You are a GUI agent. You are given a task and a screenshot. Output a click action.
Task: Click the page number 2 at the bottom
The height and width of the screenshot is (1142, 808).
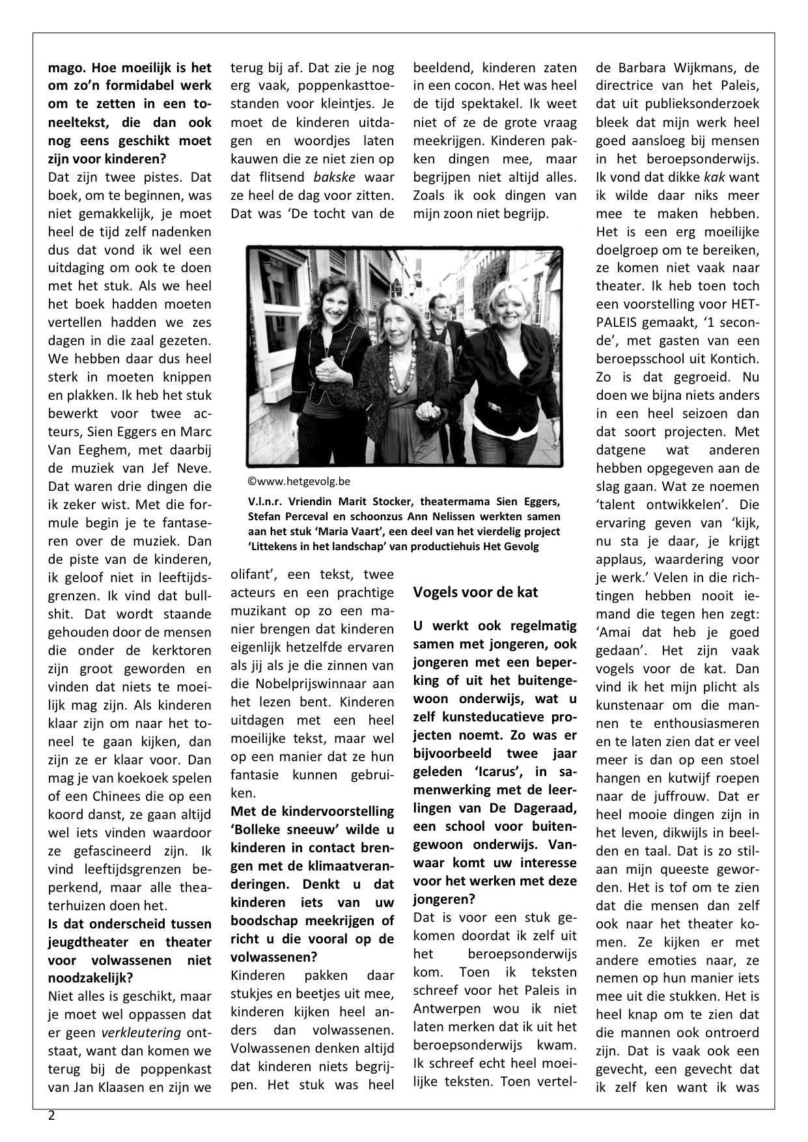click(51, 1115)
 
